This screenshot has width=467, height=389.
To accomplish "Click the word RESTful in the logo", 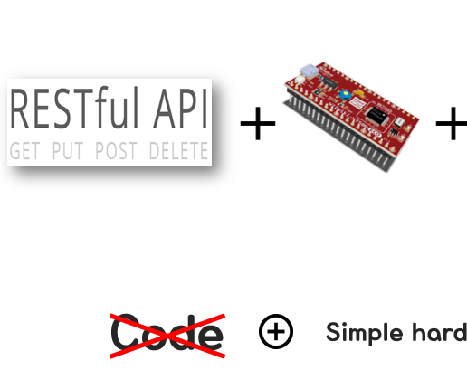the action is coord(74,108).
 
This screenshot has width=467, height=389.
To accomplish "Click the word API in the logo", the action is coord(181,109).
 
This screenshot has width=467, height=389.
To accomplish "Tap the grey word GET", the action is coord(24,151).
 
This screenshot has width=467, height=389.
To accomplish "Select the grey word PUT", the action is coord(68,151).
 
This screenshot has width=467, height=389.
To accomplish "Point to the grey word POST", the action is coord(116,151).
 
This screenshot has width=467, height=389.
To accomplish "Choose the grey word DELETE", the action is coord(179,151).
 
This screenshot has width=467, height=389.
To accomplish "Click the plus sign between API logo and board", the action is coord(258,123).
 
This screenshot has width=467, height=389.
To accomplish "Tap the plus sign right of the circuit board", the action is coord(452,123).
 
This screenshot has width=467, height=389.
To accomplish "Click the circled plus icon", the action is coord(276,331).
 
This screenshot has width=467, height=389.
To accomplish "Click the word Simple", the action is coord(365,333).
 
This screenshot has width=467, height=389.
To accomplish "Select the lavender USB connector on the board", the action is coord(310,71).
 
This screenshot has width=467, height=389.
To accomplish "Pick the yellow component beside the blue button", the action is coord(358,92).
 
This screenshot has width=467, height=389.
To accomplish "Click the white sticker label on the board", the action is coord(357,104).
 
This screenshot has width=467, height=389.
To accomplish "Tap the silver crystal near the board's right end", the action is coord(399,122).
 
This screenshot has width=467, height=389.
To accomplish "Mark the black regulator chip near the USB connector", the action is coord(329,82).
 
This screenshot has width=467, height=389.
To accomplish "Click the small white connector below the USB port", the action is coord(300,80).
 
